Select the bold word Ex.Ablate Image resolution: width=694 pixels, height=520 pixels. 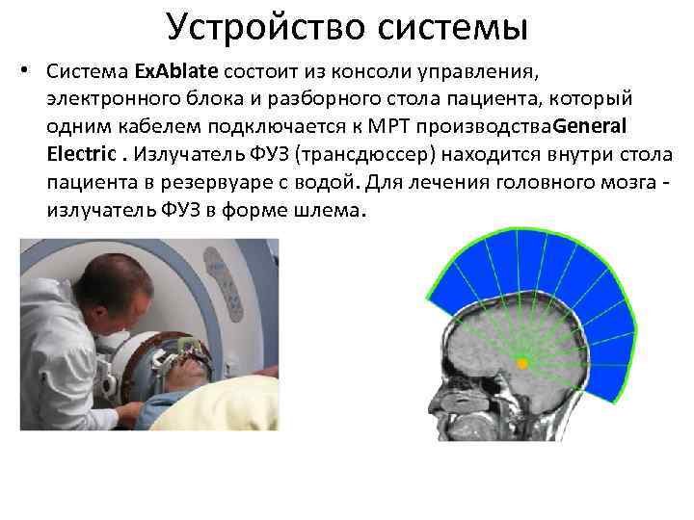[176, 71]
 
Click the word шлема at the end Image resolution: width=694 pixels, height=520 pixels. [327, 209]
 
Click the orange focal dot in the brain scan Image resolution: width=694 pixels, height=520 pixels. [521, 364]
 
